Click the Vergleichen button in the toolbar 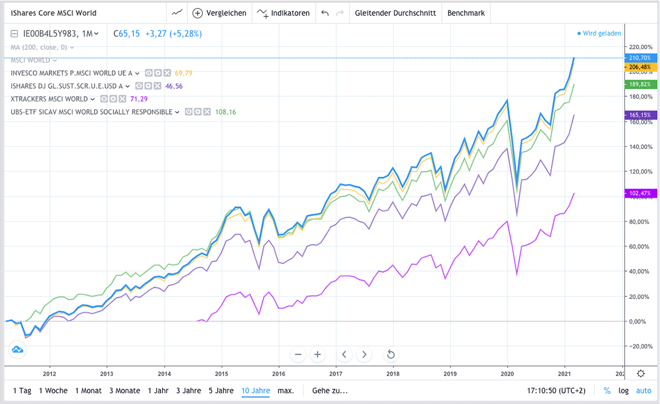219,13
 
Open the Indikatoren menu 284,13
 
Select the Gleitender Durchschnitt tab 395,13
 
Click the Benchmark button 466,13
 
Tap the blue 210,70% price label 640,58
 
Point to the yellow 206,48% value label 640,67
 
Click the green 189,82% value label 640,84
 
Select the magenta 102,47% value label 640,194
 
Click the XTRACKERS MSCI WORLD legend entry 49,99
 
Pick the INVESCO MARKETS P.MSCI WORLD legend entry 72,73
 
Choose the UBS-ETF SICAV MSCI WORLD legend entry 91,112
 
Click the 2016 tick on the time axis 278,373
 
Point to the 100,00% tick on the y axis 637,197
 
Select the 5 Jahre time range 221,391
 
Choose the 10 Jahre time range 256,391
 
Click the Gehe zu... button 329,391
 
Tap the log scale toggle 623,391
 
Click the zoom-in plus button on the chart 317,354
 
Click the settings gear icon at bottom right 641,374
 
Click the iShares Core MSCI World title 54,13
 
